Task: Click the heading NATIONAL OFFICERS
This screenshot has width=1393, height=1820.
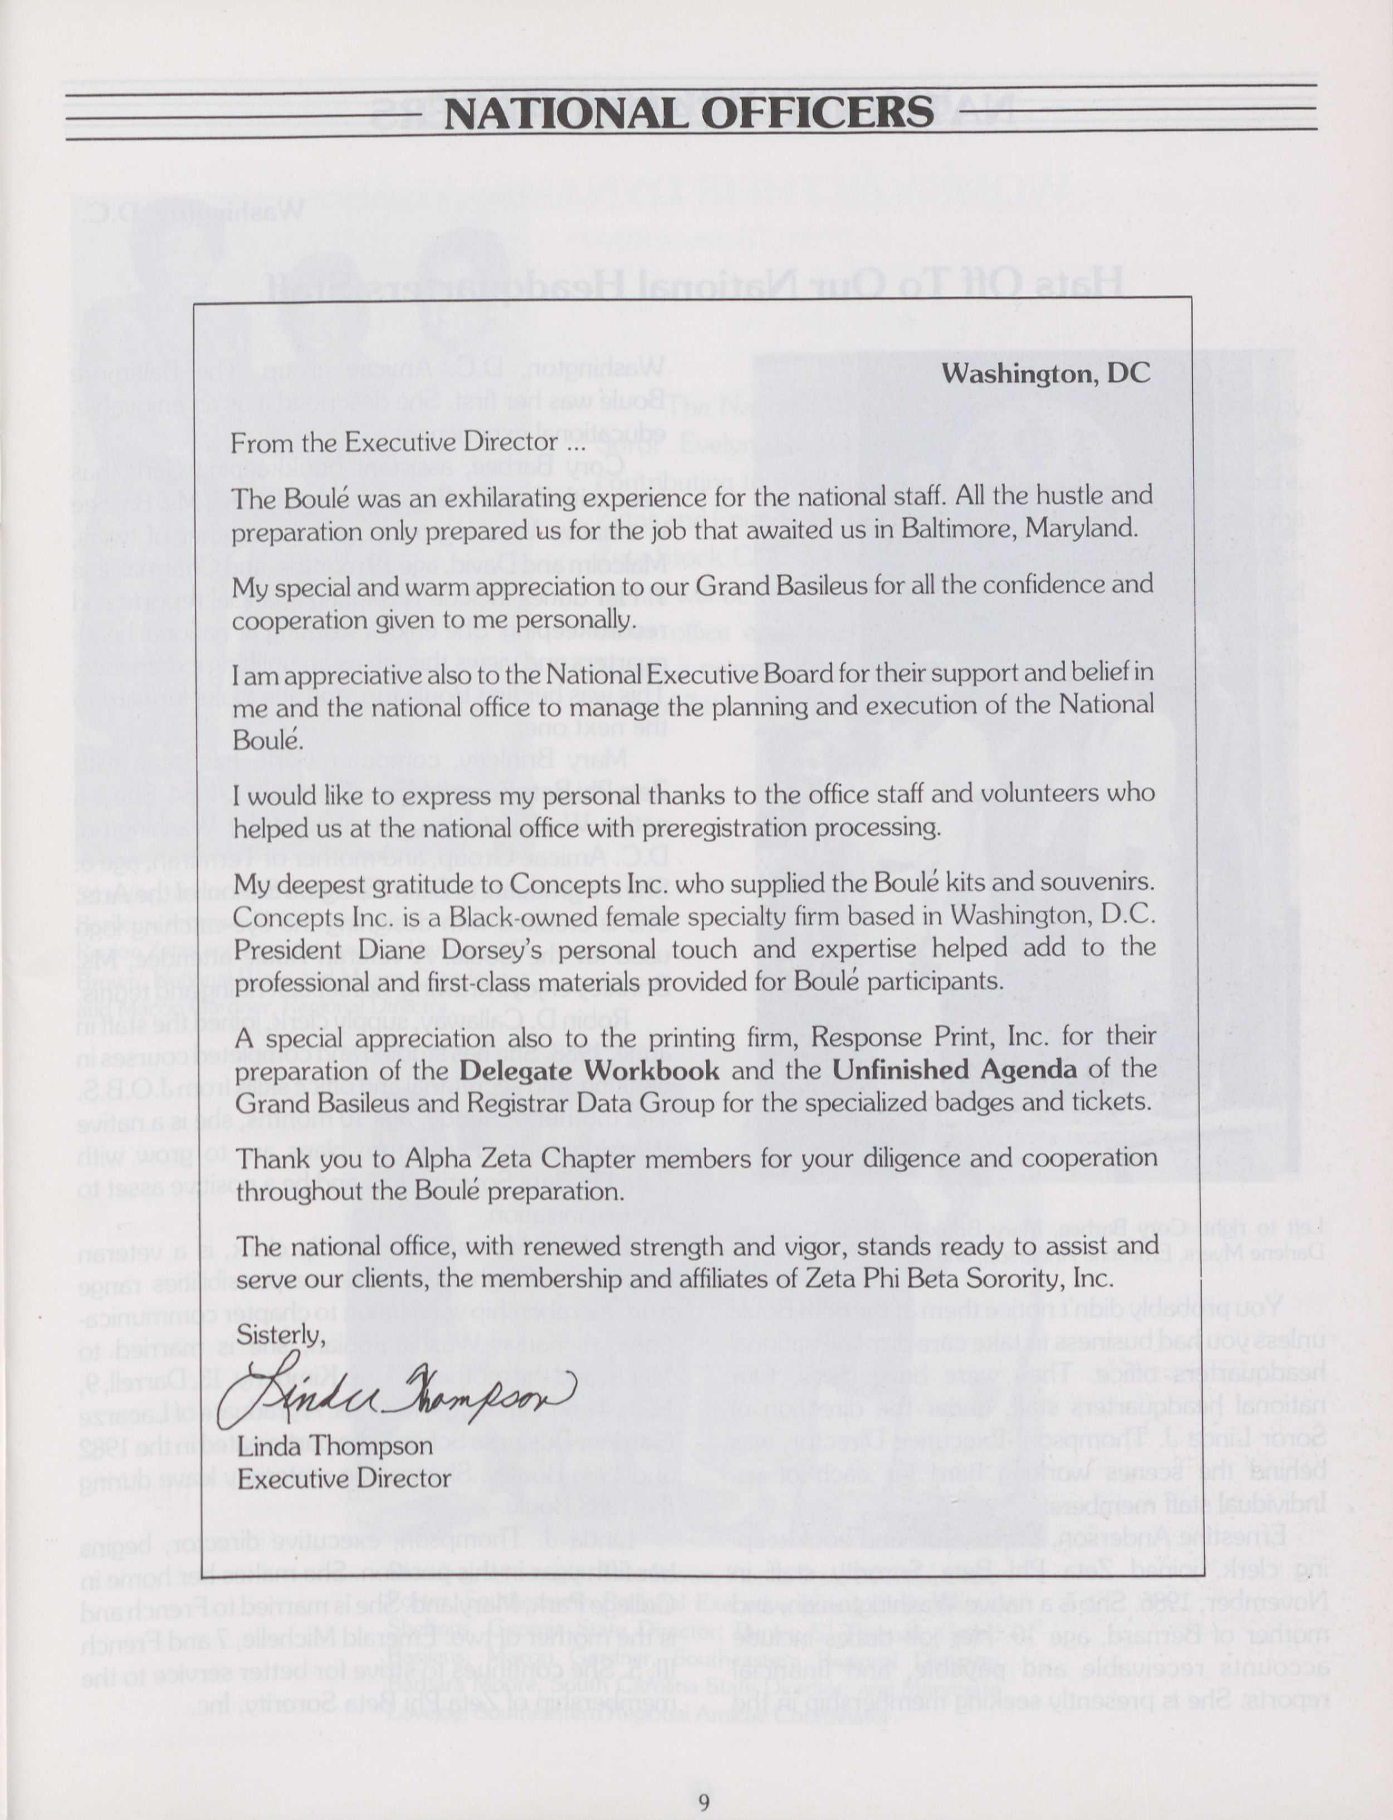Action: coord(688,114)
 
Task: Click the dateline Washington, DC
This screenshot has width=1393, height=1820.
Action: coord(1047,373)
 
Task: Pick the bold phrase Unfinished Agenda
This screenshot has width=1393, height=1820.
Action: coord(954,1070)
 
